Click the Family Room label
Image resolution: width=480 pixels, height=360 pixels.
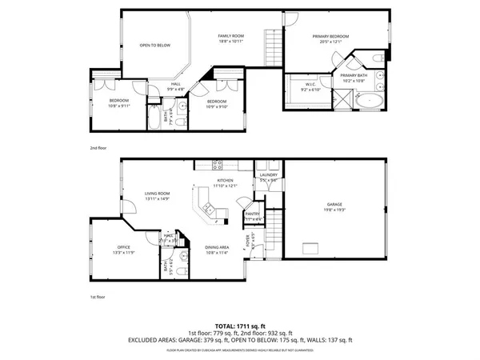[x=232, y=37]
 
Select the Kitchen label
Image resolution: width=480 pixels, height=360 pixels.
[x=226, y=181]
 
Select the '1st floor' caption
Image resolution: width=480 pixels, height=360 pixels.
[x=98, y=297]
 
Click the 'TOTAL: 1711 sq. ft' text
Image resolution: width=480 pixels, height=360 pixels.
[x=239, y=326]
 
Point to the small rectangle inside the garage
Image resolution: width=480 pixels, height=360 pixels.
[x=308, y=251]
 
